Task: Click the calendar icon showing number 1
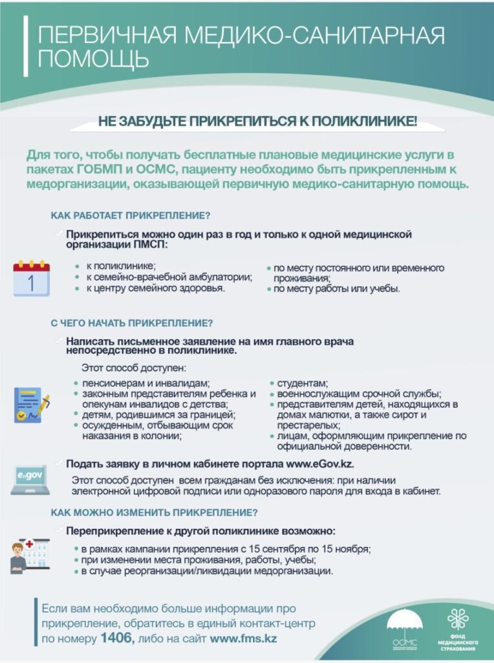click(x=32, y=278)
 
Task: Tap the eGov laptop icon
click(x=30, y=480)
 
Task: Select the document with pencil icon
click(x=32, y=405)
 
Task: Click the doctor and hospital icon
click(x=30, y=554)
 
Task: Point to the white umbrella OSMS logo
click(x=405, y=627)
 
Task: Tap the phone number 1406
click(x=116, y=638)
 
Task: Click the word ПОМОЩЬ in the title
click(x=93, y=59)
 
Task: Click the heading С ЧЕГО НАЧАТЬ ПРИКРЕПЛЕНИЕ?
click(x=132, y=322)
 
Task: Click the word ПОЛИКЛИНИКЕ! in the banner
click(x=366, y=120)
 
